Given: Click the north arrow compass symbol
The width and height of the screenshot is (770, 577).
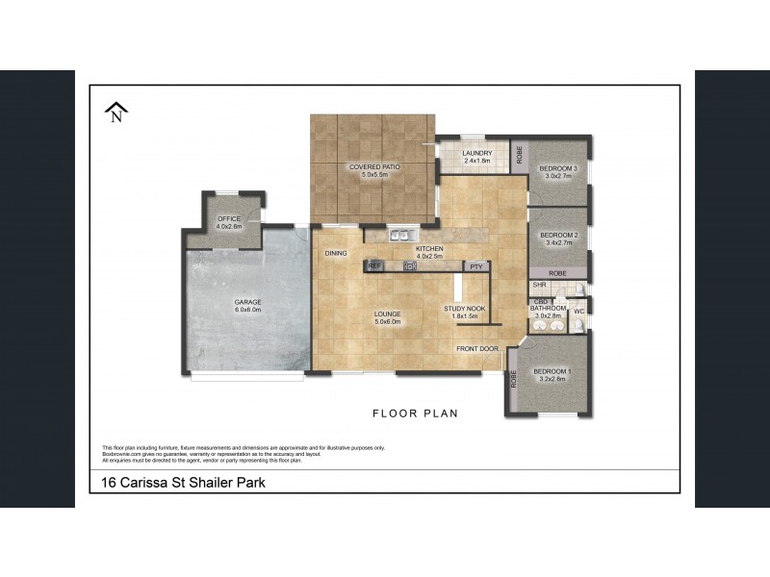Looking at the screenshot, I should [116, 113].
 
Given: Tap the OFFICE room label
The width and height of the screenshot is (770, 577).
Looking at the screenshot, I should [229, 219].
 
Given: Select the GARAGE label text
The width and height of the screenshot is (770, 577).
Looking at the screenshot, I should [247, 302].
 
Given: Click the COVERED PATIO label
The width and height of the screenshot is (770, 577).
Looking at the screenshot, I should [374, 167].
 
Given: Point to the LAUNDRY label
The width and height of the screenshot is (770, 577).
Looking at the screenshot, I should [477, 153].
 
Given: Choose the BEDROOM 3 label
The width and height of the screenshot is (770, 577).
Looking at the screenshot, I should [559, 169].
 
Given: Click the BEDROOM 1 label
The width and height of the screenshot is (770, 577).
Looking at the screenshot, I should [552, 371].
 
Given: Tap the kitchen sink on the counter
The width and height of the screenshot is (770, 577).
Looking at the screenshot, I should [400, 235].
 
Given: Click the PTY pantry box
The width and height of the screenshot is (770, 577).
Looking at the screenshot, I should [475, 265].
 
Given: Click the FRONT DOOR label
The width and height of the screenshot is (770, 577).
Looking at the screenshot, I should [477, 348].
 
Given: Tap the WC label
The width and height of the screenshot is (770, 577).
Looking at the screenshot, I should [579, 312].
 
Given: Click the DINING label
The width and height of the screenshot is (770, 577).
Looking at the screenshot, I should [335, 253].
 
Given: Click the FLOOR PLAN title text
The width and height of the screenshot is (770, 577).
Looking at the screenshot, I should [415, 414].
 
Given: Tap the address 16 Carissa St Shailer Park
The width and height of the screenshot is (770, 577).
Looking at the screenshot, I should [183, 483].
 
